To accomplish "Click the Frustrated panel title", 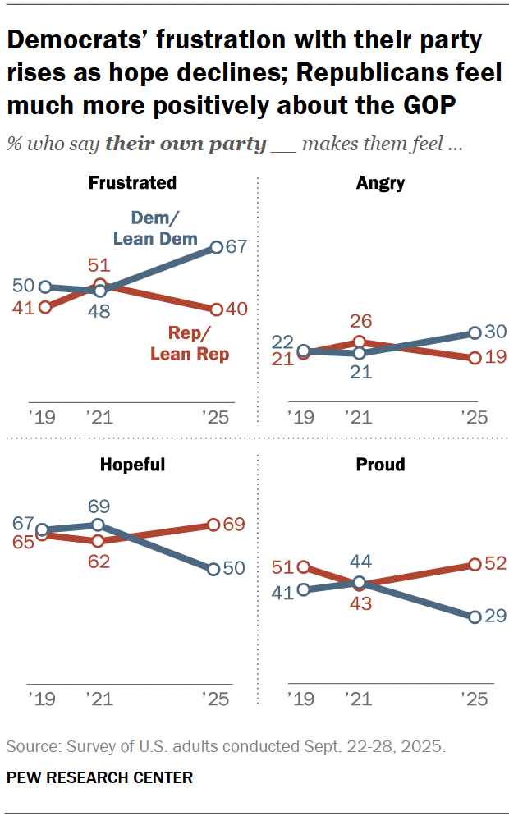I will coord(132,183).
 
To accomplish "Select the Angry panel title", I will coord(380,183).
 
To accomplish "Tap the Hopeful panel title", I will coord(132,465).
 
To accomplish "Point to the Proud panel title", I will coord(380,465).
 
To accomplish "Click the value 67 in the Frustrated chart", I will coord(239,247).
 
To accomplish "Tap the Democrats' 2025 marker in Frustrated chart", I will coord(217,247).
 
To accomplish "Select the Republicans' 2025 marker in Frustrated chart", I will coord(217,309).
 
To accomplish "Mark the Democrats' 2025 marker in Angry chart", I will coord(475,333).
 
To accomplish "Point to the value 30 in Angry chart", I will coord(497,332).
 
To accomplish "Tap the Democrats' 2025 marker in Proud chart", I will coord(475,617).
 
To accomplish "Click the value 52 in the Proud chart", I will coord(497,564).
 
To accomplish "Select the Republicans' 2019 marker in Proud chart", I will coord(304,566).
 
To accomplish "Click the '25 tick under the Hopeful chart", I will coord(217,699).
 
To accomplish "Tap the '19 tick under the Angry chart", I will coord(300,416).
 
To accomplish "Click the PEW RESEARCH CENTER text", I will coord(99,777).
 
